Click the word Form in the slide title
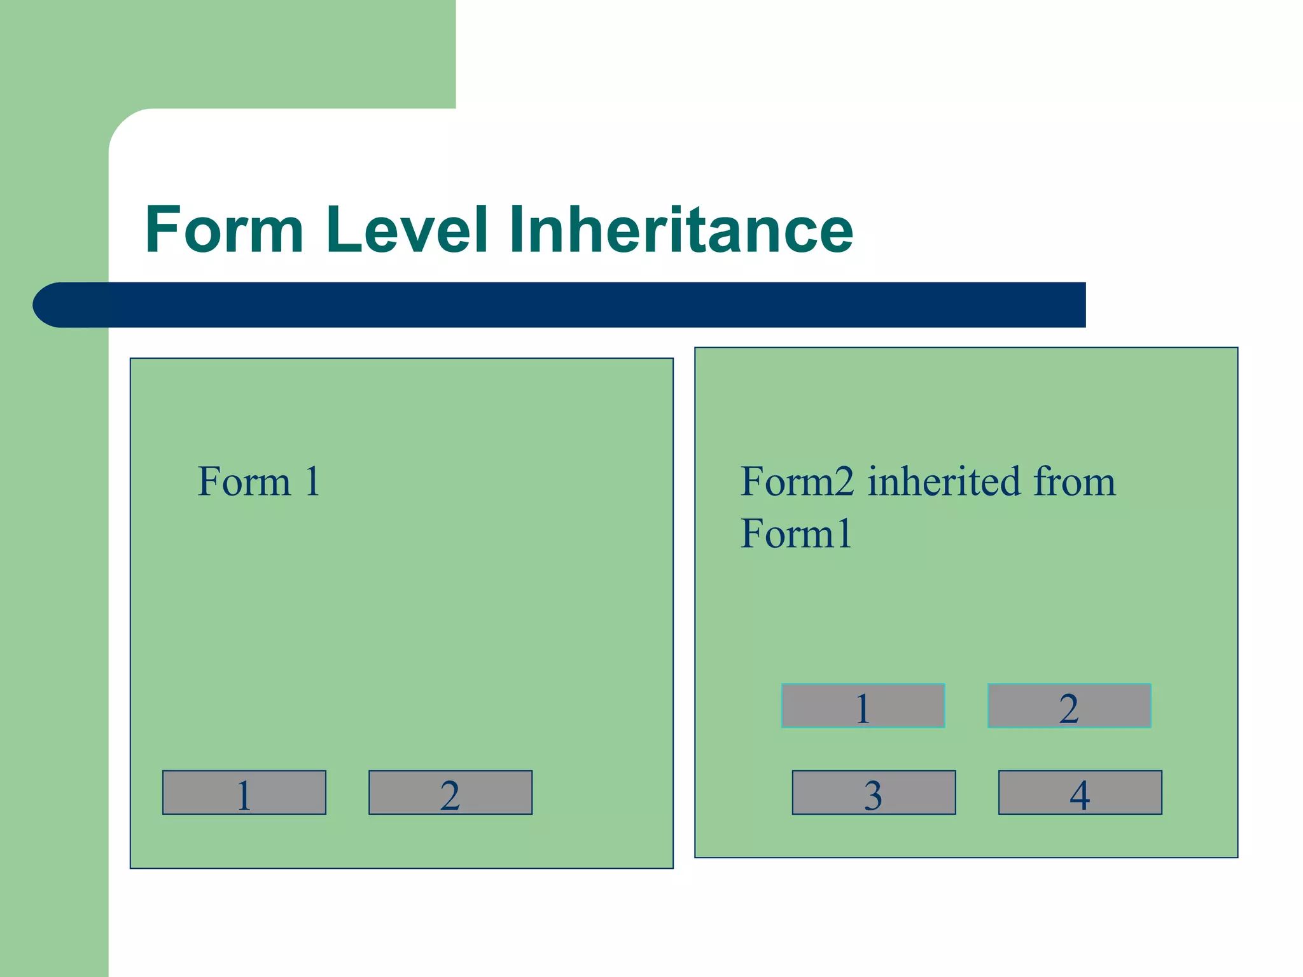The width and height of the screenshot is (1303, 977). pos(224,230)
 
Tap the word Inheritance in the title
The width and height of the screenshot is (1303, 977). pos(681,230)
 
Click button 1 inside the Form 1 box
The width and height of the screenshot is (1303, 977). pos(244,793)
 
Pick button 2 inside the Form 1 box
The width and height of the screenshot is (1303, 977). pos(450,793)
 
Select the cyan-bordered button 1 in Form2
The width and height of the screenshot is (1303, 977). pos(863,706)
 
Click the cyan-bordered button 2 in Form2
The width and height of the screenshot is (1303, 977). pos(1069,706)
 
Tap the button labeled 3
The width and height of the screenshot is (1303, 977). pos(874,793)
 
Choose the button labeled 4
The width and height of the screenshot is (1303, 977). pos(1080,793)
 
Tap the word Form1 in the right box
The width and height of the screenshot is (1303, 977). pos(796,534)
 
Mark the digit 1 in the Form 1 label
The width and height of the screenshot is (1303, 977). pos(312,482)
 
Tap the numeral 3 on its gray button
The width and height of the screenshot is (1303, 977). pos(873,795)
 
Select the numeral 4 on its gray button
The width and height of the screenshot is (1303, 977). pos(1080,795)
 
